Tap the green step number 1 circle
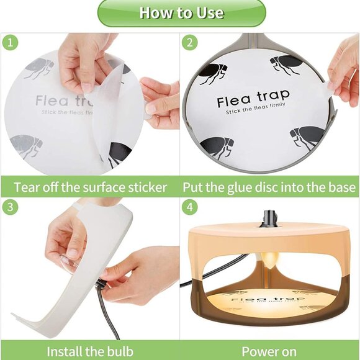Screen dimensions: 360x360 (x=10, y=44)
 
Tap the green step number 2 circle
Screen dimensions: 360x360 (x=190, y=44)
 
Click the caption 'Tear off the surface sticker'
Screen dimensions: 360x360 (x=91, y=187)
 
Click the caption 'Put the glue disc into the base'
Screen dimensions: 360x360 (x=270, y=187)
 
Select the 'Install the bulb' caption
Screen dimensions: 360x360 (x=91, y=351)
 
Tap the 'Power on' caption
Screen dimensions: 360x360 (x=269, y=351)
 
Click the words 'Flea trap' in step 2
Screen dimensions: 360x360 (x=253, y=99)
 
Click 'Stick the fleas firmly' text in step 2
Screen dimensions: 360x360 (x=253, y=112)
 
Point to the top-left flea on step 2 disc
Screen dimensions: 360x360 (x=213, y=74)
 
